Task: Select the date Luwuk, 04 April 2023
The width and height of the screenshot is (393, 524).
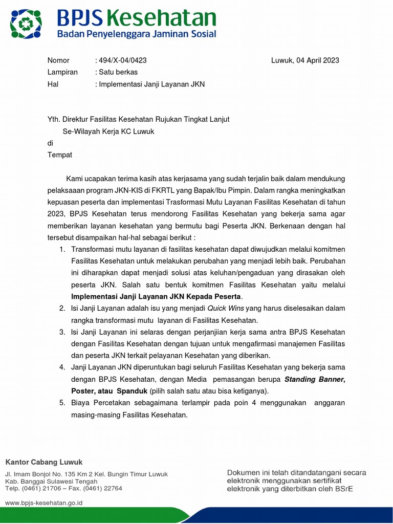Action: point(305,60)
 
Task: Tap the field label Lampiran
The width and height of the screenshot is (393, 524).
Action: point(62,72)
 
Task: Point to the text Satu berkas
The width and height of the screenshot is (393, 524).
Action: point(118,72)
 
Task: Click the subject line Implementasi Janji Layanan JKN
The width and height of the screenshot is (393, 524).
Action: point(151,84)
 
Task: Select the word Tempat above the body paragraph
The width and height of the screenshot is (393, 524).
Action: point(60,155)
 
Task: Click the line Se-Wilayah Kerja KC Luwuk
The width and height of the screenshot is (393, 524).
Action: point(108,131)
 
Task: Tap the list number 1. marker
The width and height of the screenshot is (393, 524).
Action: point(62,249)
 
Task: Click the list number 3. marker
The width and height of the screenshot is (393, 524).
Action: point(62,332)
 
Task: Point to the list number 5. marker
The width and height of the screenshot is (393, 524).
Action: point(62,403)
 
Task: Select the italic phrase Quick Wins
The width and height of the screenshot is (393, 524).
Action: point(226,309)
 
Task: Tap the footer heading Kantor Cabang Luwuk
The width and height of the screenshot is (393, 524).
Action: point(43,462)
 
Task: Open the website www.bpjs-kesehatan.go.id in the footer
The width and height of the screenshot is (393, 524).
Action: point(43,503)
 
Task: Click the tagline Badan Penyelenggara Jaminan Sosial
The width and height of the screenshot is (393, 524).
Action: point(136,34)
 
